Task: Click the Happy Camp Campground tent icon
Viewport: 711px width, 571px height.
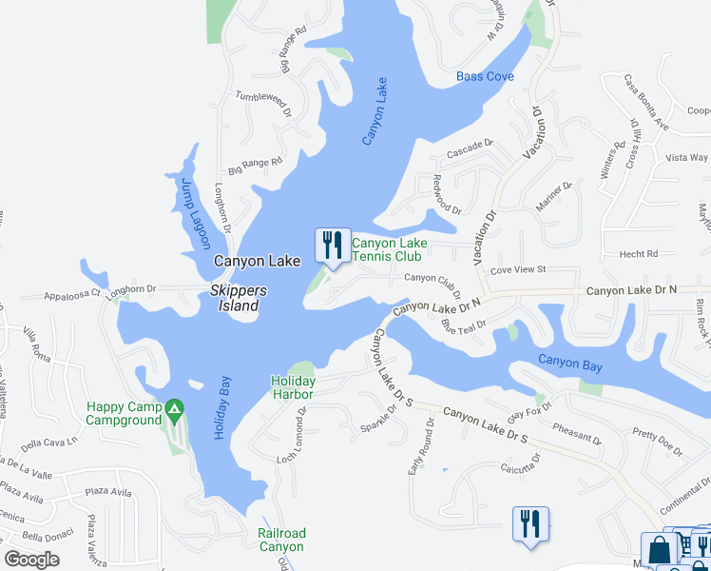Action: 173,411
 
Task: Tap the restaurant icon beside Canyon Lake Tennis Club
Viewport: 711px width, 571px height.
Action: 331,246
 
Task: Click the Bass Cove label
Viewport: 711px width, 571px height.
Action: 485,76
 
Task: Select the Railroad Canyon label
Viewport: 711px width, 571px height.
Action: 281,540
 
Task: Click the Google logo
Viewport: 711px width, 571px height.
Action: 31,560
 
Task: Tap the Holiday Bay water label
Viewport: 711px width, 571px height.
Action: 221,405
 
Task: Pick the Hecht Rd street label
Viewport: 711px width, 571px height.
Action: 640,254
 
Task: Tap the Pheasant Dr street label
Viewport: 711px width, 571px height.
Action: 577,434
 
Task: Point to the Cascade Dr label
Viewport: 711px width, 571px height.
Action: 471,149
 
